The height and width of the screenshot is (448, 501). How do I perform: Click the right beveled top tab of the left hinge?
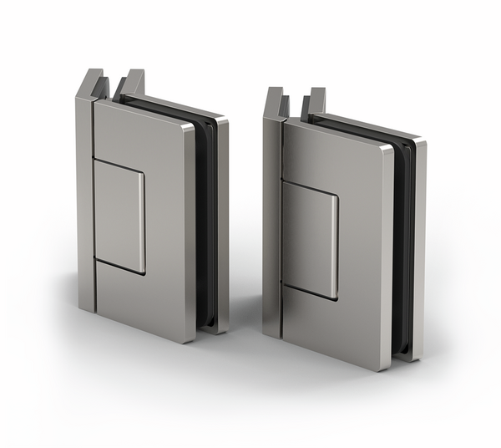132,84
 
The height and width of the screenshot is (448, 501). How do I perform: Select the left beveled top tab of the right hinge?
277,102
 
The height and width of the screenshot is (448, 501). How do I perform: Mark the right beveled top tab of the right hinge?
315,102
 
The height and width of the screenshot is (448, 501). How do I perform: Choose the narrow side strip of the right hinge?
272,226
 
